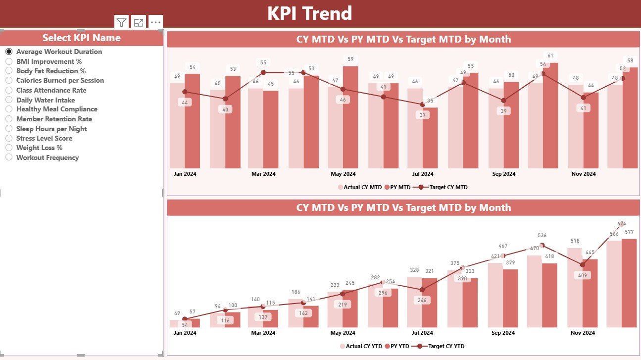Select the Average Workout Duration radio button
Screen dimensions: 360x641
click(x=9, y=51)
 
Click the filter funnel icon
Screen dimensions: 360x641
click(x=121, y=22)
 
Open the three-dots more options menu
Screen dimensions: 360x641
click(x=155, y=22)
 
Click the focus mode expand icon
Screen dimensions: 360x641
click(x=139, y=22)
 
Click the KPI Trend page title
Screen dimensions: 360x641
click(x=309, y=13)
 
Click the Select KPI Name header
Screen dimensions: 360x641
click(x=81, y=38)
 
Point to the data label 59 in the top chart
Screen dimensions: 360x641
click(x=350, y=59)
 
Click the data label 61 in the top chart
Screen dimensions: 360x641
click(x=550, y=55)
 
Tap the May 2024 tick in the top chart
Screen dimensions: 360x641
click(x=343, y=174)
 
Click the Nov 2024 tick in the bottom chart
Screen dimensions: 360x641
click(x=583, y=333)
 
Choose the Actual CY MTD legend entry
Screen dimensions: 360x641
click(x=360, y=187)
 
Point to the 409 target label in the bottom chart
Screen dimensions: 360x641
click(x=582, y=275)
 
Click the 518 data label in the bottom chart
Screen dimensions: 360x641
click(x=574, y=241)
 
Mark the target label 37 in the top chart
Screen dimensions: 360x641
click(x=422, y=115)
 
